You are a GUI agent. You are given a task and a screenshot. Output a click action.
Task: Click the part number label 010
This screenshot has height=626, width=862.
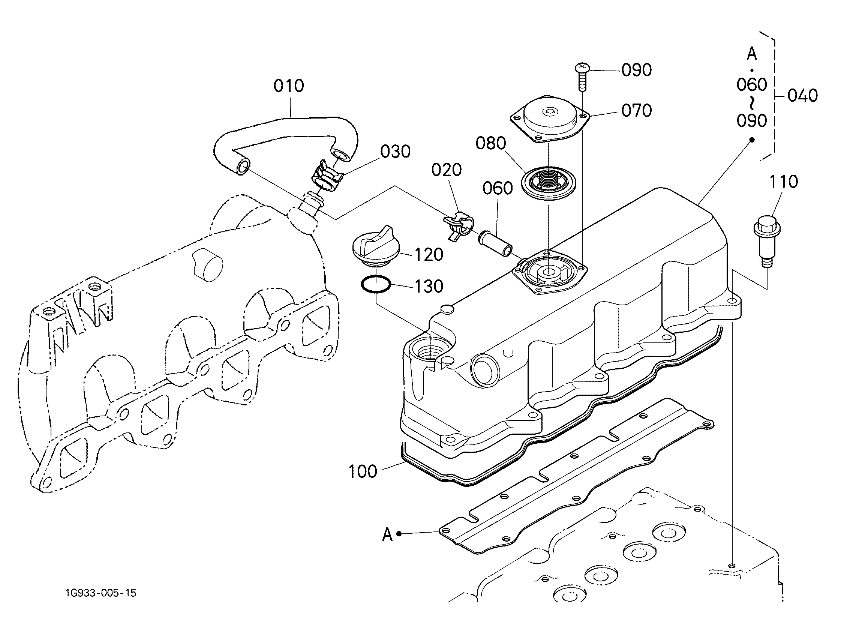pyautogui.click(x=288, y=86)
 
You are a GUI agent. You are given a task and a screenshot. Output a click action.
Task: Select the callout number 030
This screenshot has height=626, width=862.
pyautogui.click(x=395, y=152)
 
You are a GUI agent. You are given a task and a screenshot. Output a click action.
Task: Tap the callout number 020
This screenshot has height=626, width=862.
pyautogui.click(x=446, y=170)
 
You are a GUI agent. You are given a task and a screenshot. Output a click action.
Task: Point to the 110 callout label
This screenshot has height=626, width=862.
pyautogui.click(x=783, y=182)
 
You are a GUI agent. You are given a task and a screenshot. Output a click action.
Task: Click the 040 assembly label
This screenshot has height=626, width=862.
pyautogui.click(x=803, y=96)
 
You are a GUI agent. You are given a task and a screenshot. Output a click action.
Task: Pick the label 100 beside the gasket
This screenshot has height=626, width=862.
pyautogui.click(x=363, y=471)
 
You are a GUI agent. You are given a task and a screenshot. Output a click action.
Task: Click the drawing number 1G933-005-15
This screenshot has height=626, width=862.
pyautogui.click(x=101, y=593)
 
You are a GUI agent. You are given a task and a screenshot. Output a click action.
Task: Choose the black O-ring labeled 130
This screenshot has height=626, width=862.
pyautogui.click(x=376, y=284)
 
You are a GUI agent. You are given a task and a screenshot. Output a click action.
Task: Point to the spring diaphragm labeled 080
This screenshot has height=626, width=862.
pyautogui.click(x=548, y=183)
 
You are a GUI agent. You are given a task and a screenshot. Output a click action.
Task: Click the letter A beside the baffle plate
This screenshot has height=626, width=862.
pyautogui.click(x=387, y=534)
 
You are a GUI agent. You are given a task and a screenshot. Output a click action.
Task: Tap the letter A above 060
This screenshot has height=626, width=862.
pyautogui.click(x=751, y=54)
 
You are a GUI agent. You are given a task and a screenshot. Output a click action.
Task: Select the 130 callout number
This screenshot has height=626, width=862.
pyautogui.click(x=429, y=287)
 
